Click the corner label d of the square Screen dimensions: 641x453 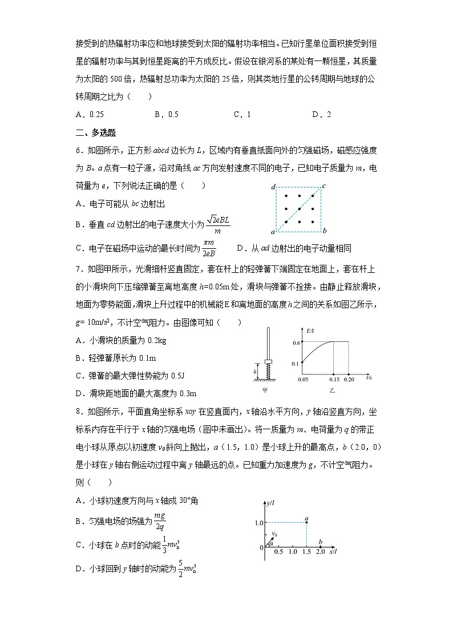point(273,187)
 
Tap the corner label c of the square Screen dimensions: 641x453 point(323,186)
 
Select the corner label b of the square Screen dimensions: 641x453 point(324,231)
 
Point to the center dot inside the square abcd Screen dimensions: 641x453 point(299,209)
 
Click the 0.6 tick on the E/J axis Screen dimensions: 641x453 point(297,342)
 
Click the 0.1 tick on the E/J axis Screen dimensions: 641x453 point(297,364)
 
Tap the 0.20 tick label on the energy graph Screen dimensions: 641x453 point(349,379)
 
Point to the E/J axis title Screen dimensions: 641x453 point(310,330)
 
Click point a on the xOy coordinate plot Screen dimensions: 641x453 point(307,522)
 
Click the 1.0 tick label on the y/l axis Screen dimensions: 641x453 point(258,523)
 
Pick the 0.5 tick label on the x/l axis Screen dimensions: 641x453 point(278,553)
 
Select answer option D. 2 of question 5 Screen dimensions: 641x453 point(321,114)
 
